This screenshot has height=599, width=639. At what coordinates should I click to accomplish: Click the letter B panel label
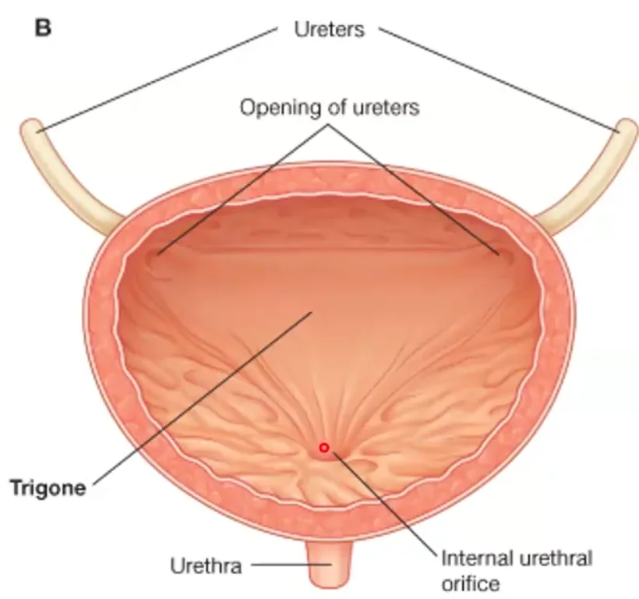tap(43, 28)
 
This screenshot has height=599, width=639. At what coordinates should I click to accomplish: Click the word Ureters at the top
tap(330, 30)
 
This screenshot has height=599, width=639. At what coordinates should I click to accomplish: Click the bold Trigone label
tap(48, 488)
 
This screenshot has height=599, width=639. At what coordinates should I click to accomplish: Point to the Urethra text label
tap(206, 566)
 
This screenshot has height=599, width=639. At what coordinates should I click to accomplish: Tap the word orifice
tap(471, 583)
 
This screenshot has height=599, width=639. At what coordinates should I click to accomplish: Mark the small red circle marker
tap(324, 448)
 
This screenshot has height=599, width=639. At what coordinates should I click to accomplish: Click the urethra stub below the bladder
tap(329, 562)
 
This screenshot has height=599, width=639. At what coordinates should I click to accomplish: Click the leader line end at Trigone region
tap(312, 312)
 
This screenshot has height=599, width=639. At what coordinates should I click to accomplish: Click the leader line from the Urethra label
tap(291, 565)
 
